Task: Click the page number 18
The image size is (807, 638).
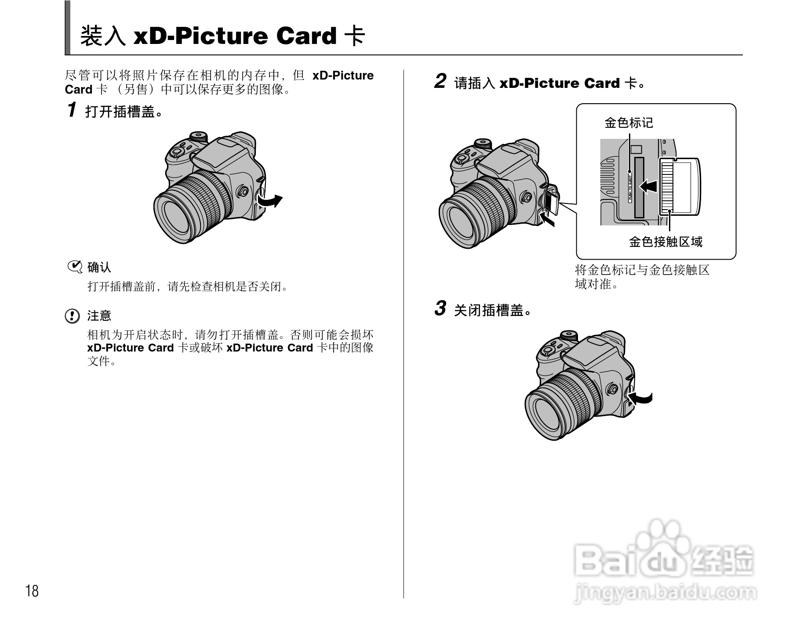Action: point(32,591)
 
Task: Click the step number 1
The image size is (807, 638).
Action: point(72,110)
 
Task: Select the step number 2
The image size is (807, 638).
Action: point(440,82)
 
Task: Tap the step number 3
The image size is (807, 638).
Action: point(440,308)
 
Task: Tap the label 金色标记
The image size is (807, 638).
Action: point(629,123)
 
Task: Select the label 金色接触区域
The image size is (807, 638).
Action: point(665,242)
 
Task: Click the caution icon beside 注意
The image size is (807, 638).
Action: point(72,316)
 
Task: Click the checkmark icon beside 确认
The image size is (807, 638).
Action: point(75,267)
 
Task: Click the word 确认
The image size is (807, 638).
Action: point(99,267)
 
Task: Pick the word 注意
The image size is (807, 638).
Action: point(99,316)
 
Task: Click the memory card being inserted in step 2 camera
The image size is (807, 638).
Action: point(551,200)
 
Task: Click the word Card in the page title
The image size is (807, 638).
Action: point(306,36)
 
